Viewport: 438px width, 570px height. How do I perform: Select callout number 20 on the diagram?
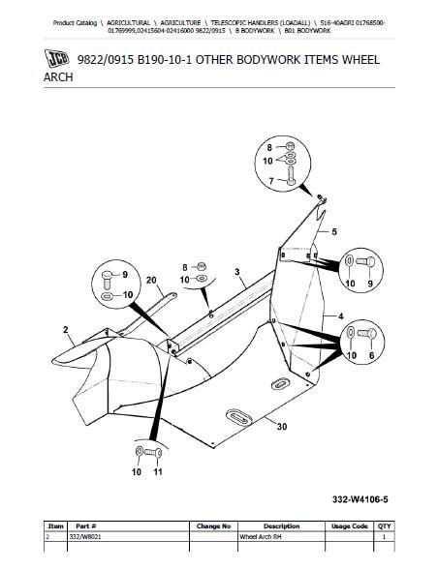pyautogui.click(x=150, y=281)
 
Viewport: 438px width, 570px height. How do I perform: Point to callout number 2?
pyautogui.click(x=65, y=331)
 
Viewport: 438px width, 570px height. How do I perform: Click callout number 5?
pyautogui.click(x=334, y=232)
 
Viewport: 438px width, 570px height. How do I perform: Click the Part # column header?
pyautogui.click(x=89, y=526)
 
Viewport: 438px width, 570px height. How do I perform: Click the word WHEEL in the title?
pyautogui.click(x=352, y=61)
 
